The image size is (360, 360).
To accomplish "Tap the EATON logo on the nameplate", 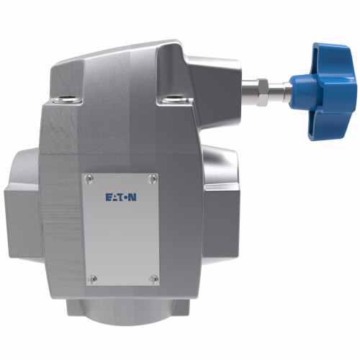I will coord(120,197).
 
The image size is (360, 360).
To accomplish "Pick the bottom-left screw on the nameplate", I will coord(91,278).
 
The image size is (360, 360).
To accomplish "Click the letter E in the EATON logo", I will coord(109,197).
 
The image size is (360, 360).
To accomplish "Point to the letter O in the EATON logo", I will coord(127,197).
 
